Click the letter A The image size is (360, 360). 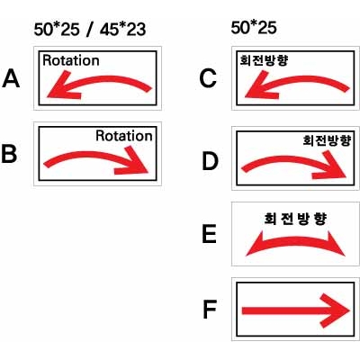11,78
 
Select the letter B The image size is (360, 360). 9,154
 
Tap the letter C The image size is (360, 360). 208,78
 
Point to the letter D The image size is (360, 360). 210,161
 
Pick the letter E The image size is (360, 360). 210,234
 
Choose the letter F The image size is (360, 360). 210,310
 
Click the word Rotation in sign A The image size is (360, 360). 71,60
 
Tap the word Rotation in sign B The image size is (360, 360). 124,136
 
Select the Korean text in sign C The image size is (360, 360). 264,60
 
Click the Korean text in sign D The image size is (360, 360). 327,140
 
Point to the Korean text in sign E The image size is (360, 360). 295,219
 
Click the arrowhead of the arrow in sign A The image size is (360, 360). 61,86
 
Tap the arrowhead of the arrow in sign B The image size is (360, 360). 133,161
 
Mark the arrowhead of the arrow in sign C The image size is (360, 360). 260,86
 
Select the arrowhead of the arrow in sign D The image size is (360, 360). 331,166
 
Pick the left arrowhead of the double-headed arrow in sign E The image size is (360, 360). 255,244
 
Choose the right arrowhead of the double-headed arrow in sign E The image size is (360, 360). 337,244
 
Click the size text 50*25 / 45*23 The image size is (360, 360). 90,30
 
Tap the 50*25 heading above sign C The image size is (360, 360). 254,28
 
